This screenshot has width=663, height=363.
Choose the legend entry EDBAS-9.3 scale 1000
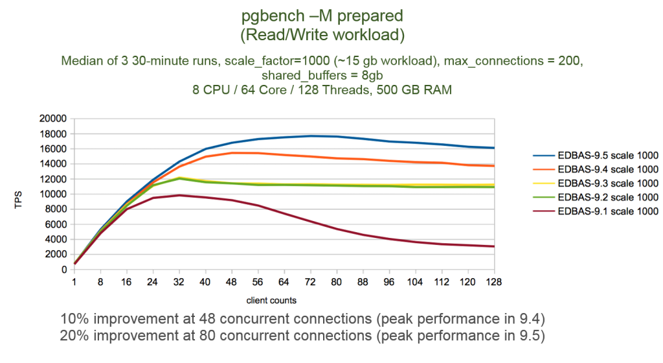(x=607, y=183)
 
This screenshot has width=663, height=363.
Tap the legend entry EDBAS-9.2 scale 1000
(x=607, y=197)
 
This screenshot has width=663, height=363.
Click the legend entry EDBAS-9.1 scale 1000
(x=607, y=211)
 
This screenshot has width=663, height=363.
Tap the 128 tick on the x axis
(x=494, y=283)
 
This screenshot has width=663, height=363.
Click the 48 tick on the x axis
(x=232, y=283)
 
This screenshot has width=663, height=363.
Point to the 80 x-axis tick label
(x=337, y=283)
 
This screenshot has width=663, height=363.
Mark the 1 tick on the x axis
(x=75, y=283)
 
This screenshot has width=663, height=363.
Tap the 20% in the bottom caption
(x=73, y=337)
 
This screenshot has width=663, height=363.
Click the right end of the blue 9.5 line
(x=494, y=148)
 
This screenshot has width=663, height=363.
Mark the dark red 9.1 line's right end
(x=494, y=246)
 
